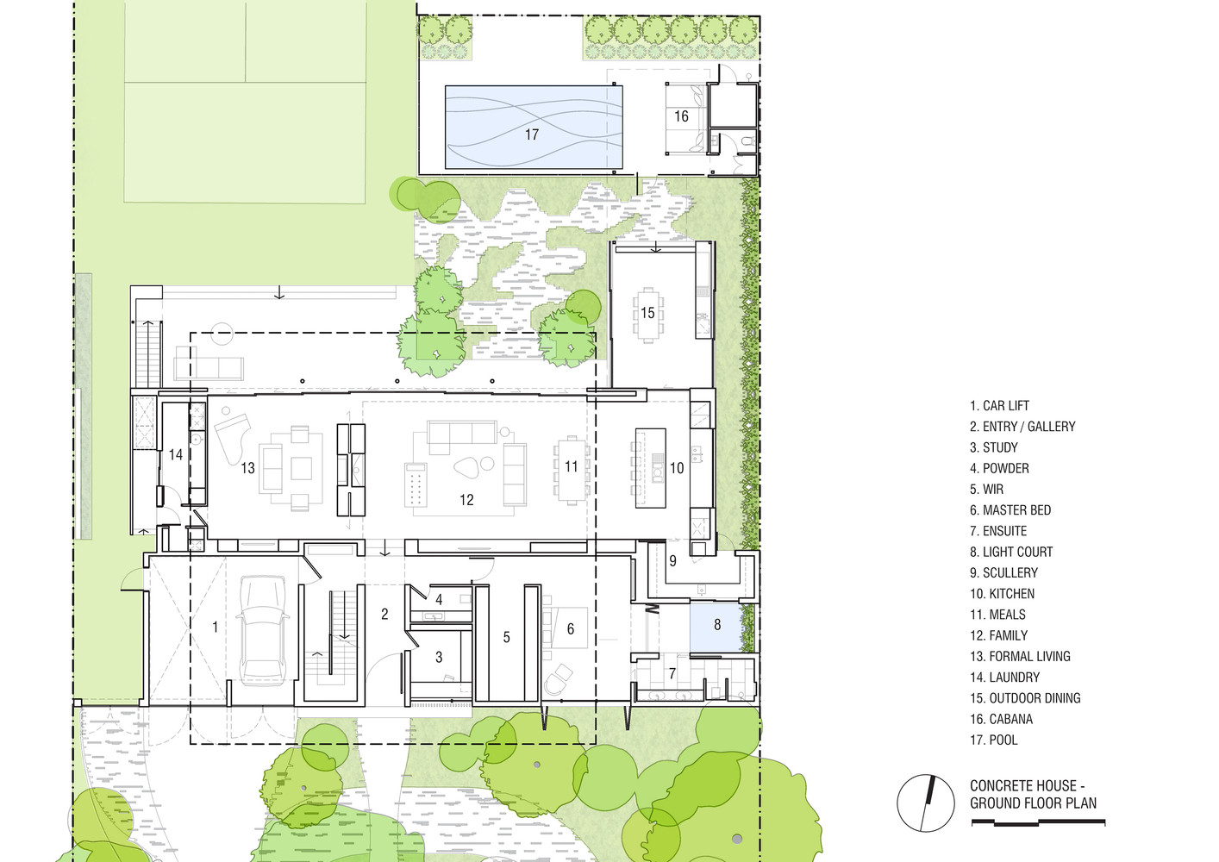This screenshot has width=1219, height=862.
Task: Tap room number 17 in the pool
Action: pos(532,134)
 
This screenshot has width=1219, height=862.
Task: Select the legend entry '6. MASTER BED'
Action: pos(1010,510)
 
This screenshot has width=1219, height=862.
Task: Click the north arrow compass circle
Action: pos(926,803)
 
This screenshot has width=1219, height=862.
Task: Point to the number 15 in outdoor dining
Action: pos(647,312)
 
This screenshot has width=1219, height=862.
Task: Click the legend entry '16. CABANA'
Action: pos(1002,719)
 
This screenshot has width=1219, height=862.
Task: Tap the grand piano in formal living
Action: pos(233,434)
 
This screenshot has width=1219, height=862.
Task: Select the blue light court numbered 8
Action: pos(716,627)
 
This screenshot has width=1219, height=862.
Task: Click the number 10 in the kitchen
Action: pos(677,467)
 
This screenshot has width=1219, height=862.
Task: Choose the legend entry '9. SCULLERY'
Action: pos(1004,572)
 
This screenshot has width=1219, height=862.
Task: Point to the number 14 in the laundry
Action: pos(175,454)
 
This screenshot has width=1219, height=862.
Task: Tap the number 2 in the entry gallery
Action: pos(384,614)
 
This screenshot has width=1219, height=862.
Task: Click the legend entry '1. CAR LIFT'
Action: pos(1000,405)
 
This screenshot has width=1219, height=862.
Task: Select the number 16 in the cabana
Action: pos(681,116)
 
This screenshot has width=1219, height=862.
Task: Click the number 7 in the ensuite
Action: pos(672,674)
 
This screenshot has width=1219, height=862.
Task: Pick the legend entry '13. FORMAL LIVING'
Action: pos(1020,656)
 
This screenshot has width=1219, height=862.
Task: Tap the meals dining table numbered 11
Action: pos(572,470)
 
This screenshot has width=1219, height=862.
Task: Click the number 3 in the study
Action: pos(439,657)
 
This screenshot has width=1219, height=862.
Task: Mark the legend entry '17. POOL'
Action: pos(994,740)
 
